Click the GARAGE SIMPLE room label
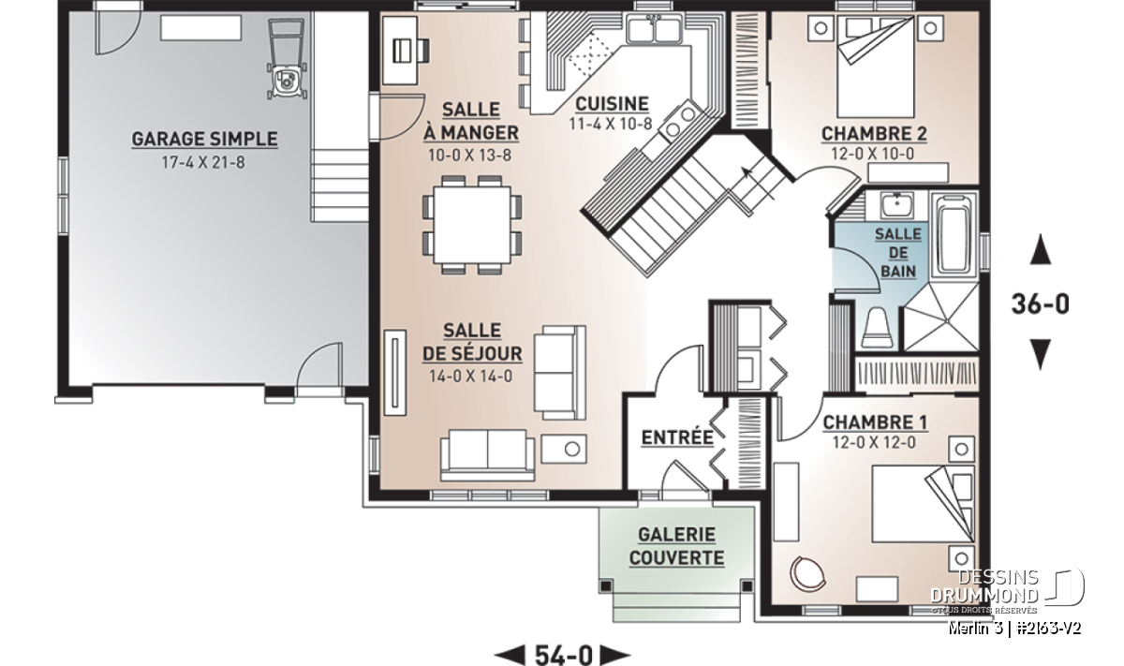point(204,139)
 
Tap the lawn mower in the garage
point(287,59)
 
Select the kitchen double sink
point(654,29)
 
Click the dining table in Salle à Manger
point(472,225)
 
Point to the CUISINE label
point(612,104)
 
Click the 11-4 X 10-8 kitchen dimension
point(611,124)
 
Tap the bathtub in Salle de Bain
point(954,234)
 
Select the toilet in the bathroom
point(877,328)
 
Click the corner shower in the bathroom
point(940,318)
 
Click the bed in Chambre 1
point(924,503)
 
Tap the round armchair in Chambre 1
point(807,573)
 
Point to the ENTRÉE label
point(677,437)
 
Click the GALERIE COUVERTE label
point(677,546)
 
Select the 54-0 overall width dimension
point(564,655)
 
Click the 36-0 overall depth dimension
point(1041,304)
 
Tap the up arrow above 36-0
point(1041,249)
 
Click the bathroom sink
point(896,206)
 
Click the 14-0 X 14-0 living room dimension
point(470,376)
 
